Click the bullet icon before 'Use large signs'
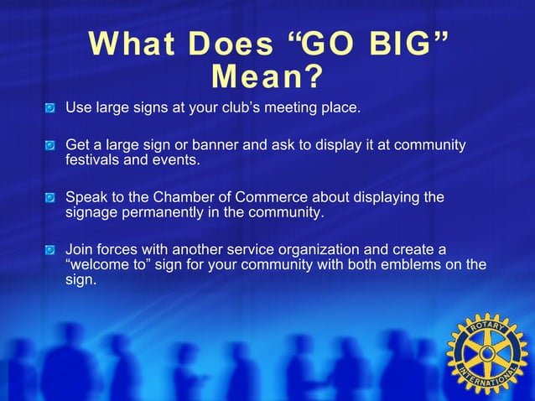(52, 108)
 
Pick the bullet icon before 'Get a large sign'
(52, 146)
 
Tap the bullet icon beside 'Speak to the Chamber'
(52, 198)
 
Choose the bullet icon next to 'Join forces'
(52, 250)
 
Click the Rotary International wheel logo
(487, 353)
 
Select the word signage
(92, 212)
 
